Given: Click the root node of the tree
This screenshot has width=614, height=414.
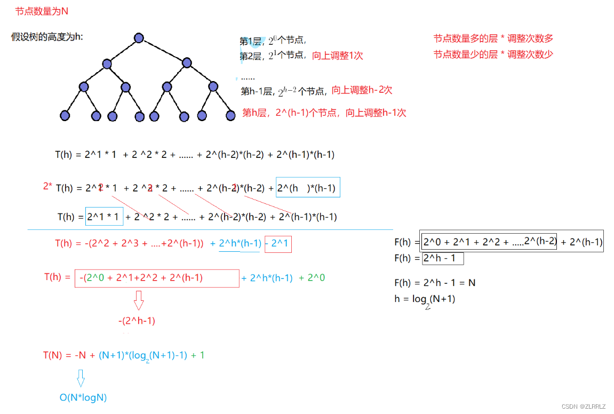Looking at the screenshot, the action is (139, 38).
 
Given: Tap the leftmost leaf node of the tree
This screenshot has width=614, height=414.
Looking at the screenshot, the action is (65, 115).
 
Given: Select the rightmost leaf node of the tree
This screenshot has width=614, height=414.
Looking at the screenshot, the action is (230, 115).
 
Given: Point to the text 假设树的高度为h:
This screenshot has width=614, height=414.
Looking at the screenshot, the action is (47, 37).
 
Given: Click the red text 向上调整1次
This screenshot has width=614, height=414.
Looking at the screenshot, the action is (337, 55).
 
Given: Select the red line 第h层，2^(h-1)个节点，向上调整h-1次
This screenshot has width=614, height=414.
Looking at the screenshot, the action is (324, 113).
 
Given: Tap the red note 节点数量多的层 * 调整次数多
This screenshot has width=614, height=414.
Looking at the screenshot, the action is (493, 38).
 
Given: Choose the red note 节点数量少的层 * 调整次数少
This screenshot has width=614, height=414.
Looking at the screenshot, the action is (493, 54).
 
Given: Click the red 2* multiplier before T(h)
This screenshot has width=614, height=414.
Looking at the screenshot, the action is (47, 186).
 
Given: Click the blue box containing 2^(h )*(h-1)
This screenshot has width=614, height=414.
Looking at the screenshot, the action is (308, 187).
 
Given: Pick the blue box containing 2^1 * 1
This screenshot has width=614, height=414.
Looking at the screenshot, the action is (104, 217).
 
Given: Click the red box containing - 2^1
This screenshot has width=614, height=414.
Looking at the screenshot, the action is (278, 244).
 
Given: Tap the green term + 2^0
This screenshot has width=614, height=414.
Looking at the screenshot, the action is (312, 278).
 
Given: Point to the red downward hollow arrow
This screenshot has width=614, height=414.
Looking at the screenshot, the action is (139, 300).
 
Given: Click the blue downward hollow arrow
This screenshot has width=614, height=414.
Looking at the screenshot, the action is (81, 378).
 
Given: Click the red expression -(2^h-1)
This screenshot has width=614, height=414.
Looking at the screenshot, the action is (137, 321).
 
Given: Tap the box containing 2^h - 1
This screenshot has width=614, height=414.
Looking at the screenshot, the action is (443, 259).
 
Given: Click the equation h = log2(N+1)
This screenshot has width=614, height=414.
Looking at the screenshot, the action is (425, 299).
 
